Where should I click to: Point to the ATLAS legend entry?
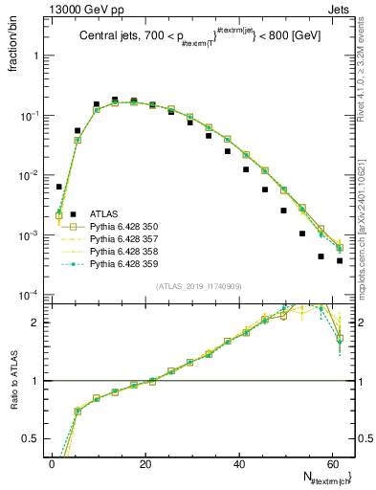click(x=103, y=213)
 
